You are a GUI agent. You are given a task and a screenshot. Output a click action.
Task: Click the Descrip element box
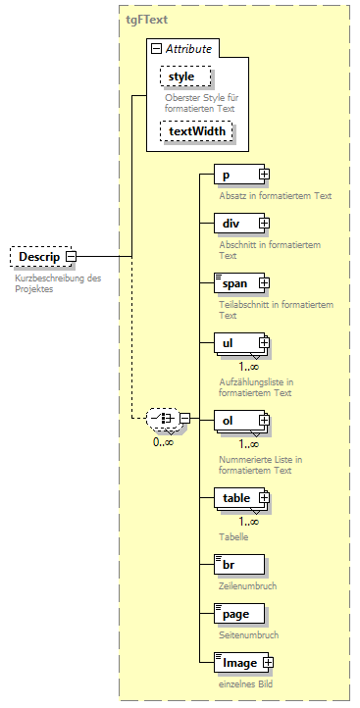[x=37, y=257]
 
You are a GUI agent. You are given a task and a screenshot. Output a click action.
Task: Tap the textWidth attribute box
[x=197, y=130]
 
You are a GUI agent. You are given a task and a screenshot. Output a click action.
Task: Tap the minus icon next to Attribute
[x=155, y=48]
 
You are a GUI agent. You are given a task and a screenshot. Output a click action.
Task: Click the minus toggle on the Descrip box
[x=71, y=257]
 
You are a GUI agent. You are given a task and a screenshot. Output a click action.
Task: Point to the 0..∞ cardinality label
[x=164, y=443]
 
